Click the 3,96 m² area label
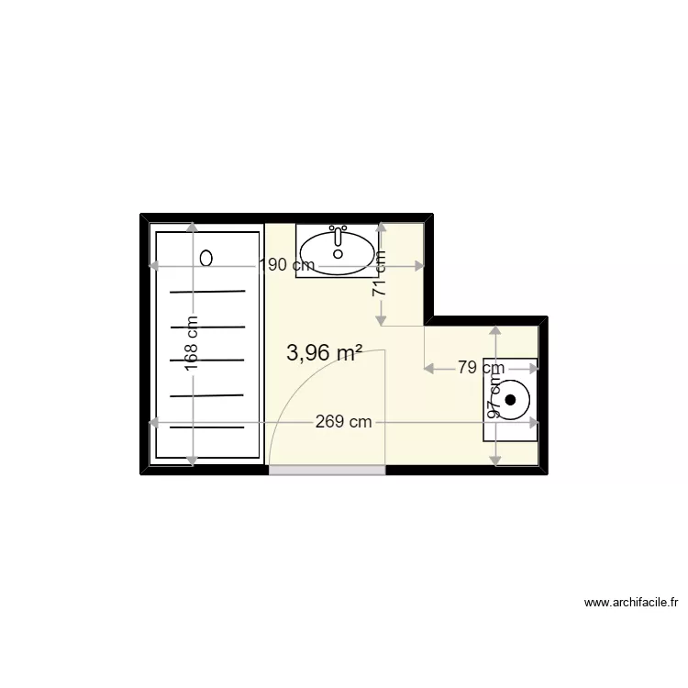324,352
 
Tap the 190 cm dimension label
287,265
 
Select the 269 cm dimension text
344,422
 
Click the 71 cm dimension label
380,274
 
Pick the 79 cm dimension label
481,367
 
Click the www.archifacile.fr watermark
631,603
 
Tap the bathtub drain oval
206,258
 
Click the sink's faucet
338,236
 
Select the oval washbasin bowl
338,253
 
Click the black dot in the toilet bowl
510,400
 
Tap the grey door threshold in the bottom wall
327,471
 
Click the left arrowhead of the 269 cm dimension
153,423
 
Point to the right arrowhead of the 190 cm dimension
419,265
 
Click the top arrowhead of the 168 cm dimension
193,227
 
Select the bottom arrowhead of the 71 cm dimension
381,321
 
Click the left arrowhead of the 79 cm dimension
428,369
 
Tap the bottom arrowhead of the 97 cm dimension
495,461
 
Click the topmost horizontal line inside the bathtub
207,292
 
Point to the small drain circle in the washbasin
338,253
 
